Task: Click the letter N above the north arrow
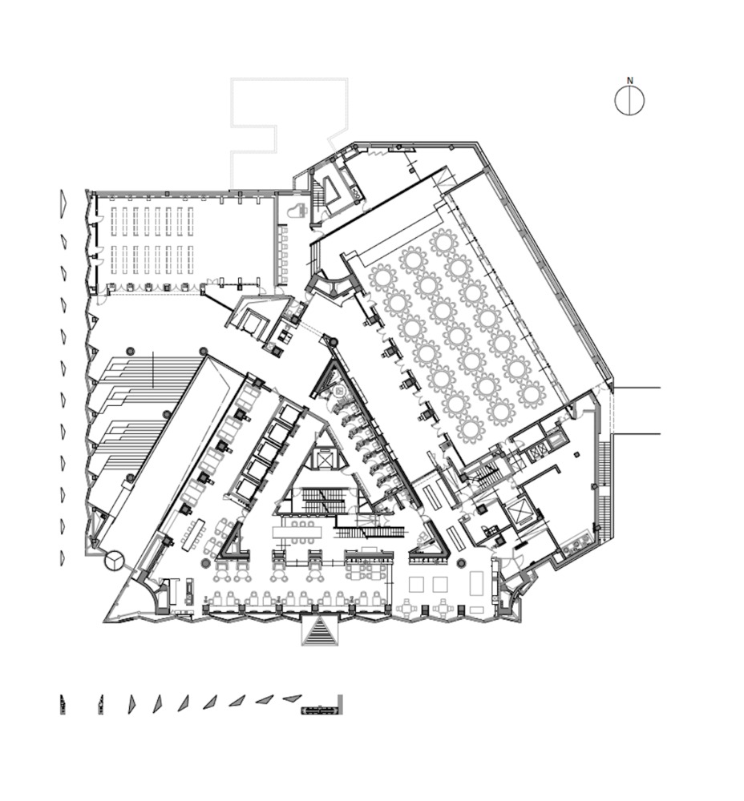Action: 630,80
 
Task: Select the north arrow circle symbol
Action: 629,101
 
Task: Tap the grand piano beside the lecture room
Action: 297,210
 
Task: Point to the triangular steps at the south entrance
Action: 320,631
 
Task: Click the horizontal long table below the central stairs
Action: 298,533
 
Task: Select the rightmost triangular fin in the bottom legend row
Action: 292,698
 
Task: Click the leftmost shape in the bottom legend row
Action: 63,704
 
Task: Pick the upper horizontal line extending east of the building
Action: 637,388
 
